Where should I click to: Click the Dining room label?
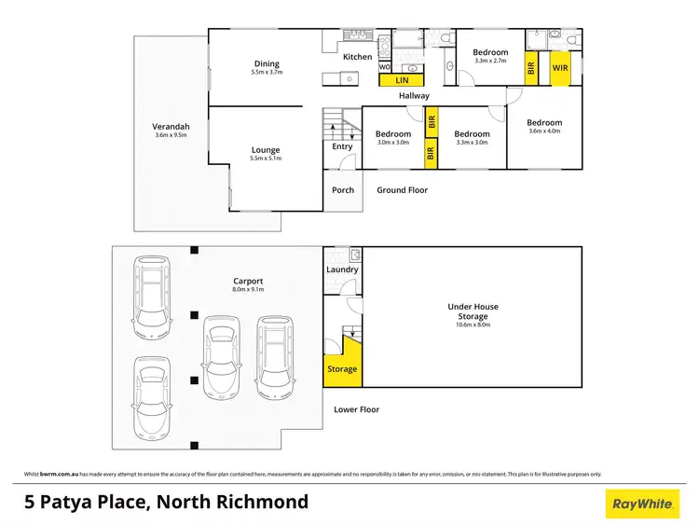266,63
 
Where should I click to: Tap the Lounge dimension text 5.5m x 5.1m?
266,159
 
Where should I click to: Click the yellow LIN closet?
401,81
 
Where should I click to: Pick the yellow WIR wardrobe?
560,68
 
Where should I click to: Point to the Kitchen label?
357,58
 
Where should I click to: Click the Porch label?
343,190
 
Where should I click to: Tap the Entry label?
342,146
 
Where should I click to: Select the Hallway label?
414,95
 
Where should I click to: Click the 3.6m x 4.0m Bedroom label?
544,123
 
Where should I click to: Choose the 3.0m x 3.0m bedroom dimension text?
392,143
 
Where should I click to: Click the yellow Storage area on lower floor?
342,367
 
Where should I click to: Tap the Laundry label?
342,269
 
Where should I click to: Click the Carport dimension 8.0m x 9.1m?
248,289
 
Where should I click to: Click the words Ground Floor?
403,190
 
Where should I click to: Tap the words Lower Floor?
357,409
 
